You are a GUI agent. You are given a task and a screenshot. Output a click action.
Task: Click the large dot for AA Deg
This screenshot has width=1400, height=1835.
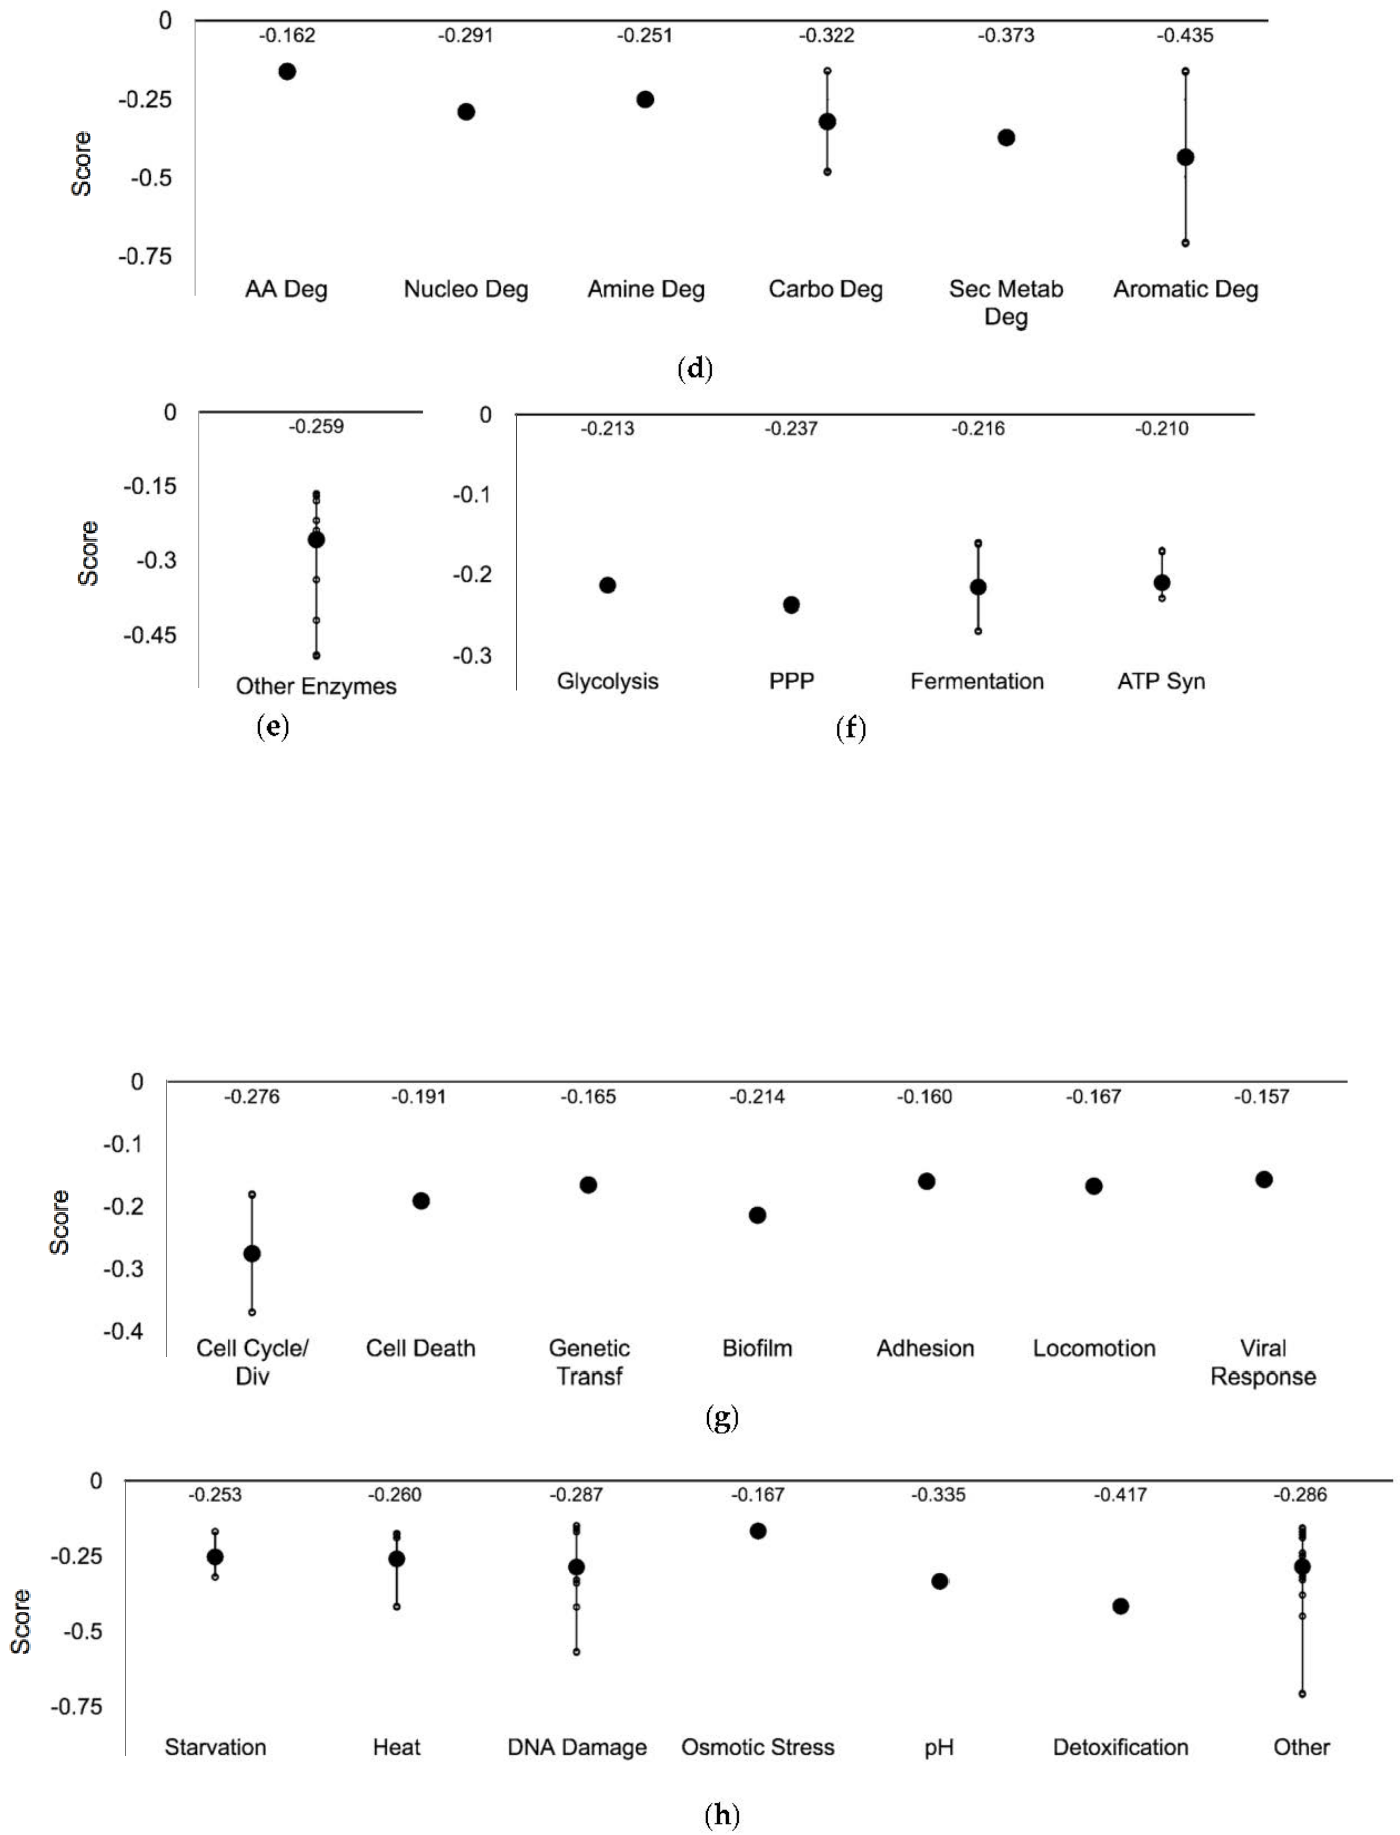coord(287,72)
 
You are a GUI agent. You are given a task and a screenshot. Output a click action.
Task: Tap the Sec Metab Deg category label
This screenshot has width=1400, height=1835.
coord(1006,303)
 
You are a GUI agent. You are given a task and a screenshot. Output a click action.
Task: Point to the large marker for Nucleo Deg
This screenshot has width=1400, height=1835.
coord(466,112)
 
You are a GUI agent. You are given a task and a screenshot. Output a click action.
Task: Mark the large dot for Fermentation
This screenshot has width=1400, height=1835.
coord(977,588)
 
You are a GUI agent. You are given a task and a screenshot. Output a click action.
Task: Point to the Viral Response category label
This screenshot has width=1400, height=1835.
coord(1263,1362)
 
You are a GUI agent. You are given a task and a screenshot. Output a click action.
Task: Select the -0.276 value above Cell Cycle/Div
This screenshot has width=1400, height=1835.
coord(252,1097)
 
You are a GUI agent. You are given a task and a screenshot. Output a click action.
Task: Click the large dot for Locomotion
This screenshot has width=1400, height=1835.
coord(1094,1186)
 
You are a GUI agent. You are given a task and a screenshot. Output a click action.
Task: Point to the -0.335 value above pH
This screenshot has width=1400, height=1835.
coord(938,1495)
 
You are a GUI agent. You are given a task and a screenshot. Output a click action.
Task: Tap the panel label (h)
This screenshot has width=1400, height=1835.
coord(722,1814)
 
